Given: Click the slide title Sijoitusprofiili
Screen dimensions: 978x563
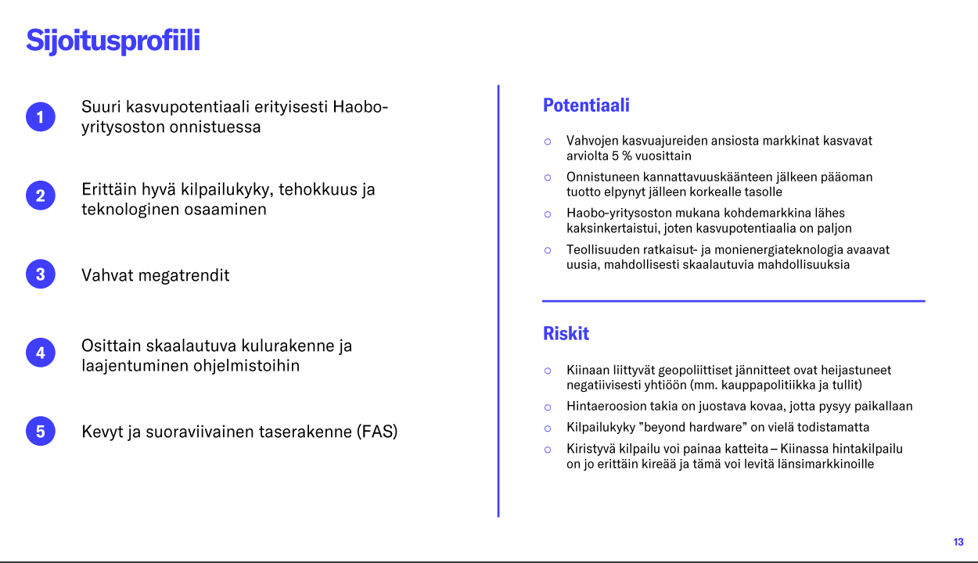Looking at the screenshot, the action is point(113,41).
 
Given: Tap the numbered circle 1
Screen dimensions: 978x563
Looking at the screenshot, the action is point(41,117).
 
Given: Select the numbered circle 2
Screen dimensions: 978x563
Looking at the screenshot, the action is point(41,195).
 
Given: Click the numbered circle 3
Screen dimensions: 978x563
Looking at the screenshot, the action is point(41,274).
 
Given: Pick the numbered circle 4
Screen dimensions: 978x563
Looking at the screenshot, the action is point(41,353).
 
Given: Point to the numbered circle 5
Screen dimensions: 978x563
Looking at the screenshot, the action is point(41,431).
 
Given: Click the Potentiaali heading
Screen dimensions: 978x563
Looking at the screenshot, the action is point(586,106).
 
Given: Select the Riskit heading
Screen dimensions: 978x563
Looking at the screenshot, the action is point(566,333).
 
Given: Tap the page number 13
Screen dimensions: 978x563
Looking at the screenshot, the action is point(958,542).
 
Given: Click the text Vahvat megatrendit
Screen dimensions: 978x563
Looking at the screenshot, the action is point(155,275).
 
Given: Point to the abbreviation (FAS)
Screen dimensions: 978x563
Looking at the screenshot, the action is point(377,432).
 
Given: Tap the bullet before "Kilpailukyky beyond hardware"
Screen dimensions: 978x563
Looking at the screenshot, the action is point(548,429).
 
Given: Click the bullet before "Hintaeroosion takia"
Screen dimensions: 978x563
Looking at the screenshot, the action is point(548,407).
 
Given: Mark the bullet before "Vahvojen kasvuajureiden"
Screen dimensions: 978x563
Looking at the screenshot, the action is point(548,142).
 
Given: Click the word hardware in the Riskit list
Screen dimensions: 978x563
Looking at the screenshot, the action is point(713,427).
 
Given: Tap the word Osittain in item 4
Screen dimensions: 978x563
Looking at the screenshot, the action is point(111,346).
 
